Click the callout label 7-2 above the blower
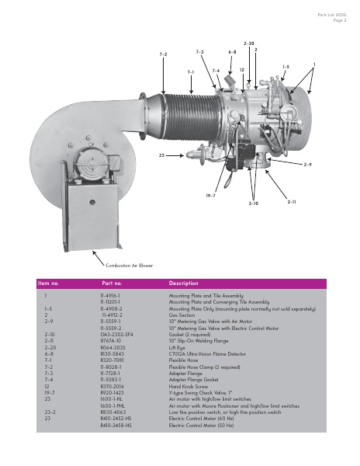(163, 54)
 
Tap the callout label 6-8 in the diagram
(232, 52)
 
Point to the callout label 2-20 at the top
(249, 43)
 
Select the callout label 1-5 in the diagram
(286, 67)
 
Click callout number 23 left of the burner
(161, 156)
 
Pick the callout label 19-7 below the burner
(210, 196)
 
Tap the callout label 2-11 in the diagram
(292, 202)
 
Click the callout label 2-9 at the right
(307, 165)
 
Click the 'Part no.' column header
(113, 283)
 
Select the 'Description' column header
(183, 283)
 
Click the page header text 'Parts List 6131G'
(331, 16)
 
